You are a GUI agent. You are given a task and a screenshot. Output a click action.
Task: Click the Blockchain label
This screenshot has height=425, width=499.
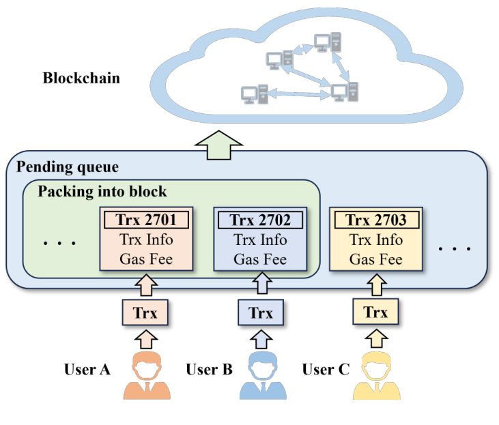[x=81, y=78]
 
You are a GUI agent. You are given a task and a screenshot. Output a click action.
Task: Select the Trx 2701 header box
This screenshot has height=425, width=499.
[x=146, y=220]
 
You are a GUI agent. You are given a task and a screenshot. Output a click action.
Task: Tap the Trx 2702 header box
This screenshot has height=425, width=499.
[x=260, y=220]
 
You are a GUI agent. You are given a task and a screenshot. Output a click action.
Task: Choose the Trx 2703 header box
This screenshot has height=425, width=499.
[x=375, y=220]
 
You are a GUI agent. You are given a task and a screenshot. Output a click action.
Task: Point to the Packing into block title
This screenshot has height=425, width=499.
[x=102, y=191]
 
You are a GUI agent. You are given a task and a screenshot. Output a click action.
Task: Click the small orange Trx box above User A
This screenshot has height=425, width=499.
[x=145, y=313]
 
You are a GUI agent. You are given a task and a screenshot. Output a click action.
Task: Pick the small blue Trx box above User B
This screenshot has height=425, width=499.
[x=260, y=313]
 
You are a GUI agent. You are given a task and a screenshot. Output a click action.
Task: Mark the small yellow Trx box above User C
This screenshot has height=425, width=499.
[x=375, y=312]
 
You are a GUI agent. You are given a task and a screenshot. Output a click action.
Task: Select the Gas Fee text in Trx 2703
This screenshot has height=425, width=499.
[x=375, y=259]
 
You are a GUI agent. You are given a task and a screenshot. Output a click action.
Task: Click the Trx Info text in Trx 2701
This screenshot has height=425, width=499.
[x=146, y=240]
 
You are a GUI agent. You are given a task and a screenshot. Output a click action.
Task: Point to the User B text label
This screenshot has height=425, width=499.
[x=209, y=370]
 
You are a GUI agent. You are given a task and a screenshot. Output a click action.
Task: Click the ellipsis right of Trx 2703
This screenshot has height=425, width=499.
[x=455, y=248]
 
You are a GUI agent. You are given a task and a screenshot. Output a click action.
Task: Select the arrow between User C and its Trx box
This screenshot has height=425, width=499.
[x=375, y=336]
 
